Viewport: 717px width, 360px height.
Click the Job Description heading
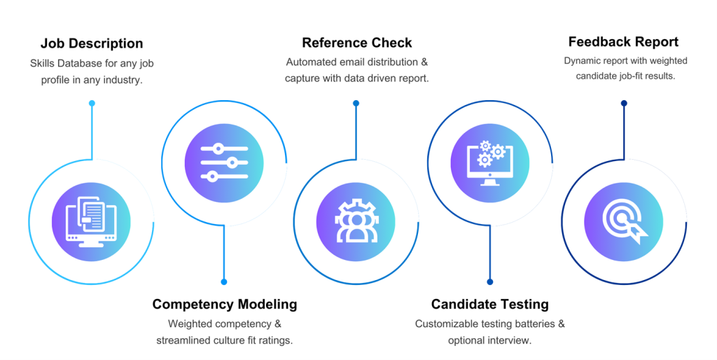91,44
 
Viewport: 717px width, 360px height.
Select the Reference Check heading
356,43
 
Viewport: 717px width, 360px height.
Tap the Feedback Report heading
622,41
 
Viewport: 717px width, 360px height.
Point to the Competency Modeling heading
224,304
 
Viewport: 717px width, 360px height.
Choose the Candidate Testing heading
489,304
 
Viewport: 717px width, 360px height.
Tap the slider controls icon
224,162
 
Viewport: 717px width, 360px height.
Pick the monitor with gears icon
489,162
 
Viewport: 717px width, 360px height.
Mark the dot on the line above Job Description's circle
92,104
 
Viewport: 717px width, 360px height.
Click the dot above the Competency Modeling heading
224,282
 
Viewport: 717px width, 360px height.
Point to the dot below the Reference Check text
356,104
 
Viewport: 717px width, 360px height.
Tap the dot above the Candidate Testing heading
490,282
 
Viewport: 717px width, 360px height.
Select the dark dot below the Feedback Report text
623,104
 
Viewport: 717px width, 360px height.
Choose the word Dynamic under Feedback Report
581,61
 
